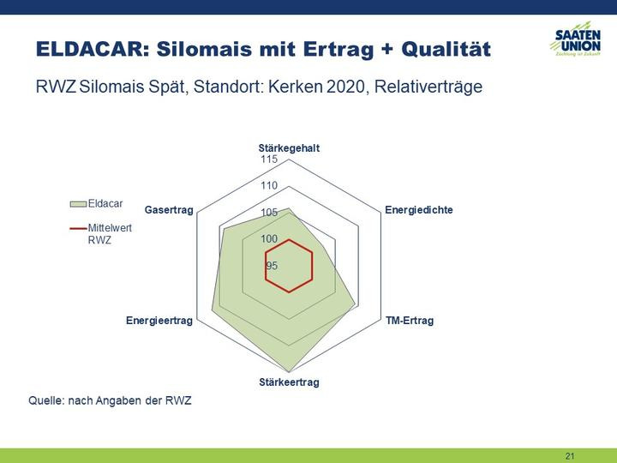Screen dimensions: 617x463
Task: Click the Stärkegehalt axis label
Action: point(289,148)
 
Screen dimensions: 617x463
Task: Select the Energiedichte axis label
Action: point(419,210)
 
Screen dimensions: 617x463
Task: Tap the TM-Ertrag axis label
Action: point(410,321)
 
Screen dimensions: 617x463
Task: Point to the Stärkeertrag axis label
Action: point(290,382)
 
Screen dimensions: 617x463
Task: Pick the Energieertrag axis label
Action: point(159,321)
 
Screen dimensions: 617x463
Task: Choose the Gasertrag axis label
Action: point(169,210)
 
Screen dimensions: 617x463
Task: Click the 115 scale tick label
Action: point(269,159)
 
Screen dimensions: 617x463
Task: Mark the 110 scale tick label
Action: point(269,185)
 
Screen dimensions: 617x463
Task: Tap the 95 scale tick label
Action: point(272,266)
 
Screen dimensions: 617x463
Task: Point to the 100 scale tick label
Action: point(269,238)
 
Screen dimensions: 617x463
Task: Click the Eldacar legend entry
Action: point(96,203)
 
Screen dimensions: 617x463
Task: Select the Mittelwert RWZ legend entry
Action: point(101,234)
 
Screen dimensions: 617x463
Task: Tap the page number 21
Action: point(570,456)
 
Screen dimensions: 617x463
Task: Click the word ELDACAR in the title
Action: point(93,49)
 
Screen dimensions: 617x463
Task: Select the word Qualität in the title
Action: point(446,49)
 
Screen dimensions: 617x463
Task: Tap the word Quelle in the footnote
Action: point(45,400)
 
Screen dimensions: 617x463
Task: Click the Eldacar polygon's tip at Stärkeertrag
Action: point(290,372)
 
